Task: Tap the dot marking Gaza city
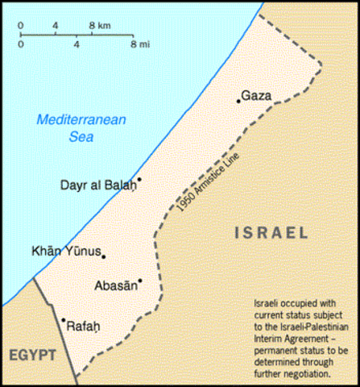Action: (238, 101)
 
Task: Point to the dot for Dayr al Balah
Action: (139, 180)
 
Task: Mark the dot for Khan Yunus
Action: (104, 257)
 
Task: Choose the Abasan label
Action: (117, 286)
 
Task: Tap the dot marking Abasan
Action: (140, 281)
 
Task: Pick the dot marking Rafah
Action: (63, 320)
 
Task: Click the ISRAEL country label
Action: (271, 233)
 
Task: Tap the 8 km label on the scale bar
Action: (99, 26)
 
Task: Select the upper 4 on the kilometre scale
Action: (55, 26)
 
